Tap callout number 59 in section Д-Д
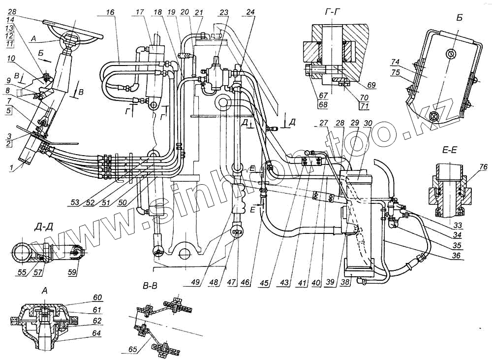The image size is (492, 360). [73, 271]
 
